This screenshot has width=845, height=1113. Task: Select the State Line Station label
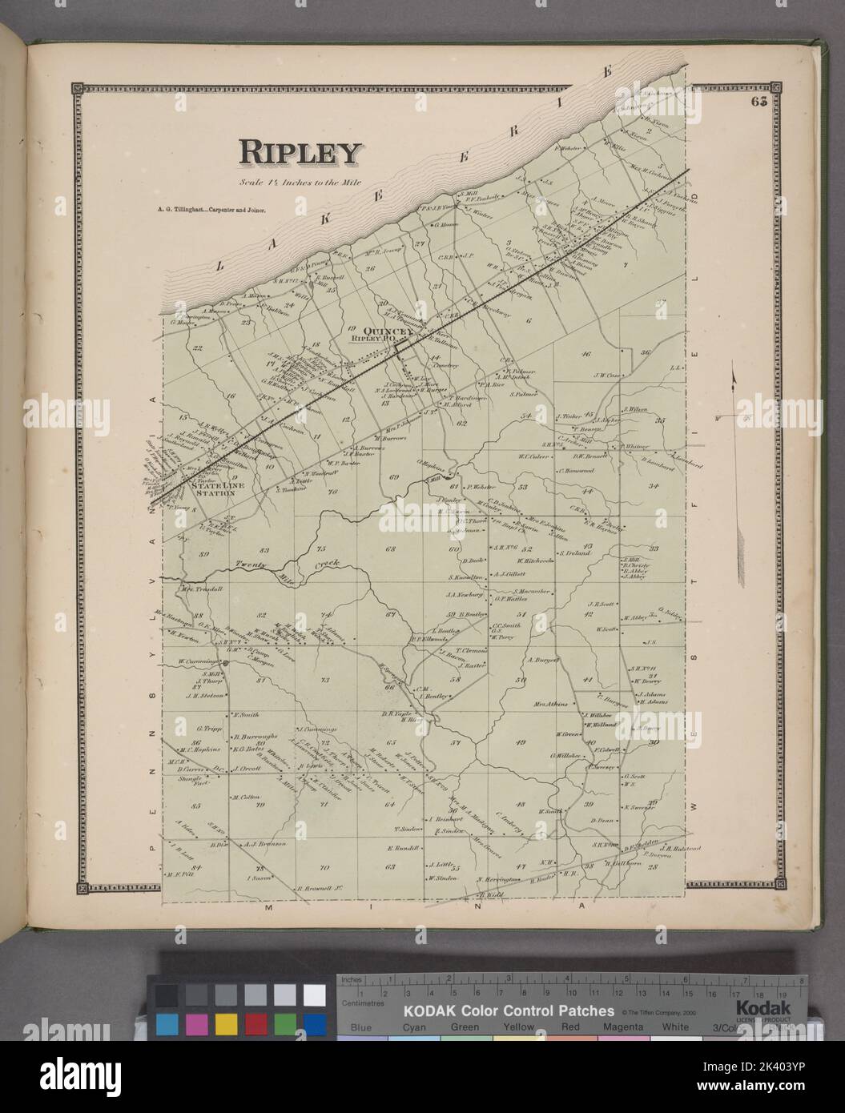click(211, 489)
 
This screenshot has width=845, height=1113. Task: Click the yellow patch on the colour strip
click(226, 1023)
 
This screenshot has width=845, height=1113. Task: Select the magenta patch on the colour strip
click(196, 1023)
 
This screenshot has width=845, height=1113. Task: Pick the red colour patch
click(256, 1023)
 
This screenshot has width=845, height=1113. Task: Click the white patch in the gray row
click(315, 994)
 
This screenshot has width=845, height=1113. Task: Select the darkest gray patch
click(167, 994)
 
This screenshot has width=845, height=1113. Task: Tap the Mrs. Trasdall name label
click(201, 588)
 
